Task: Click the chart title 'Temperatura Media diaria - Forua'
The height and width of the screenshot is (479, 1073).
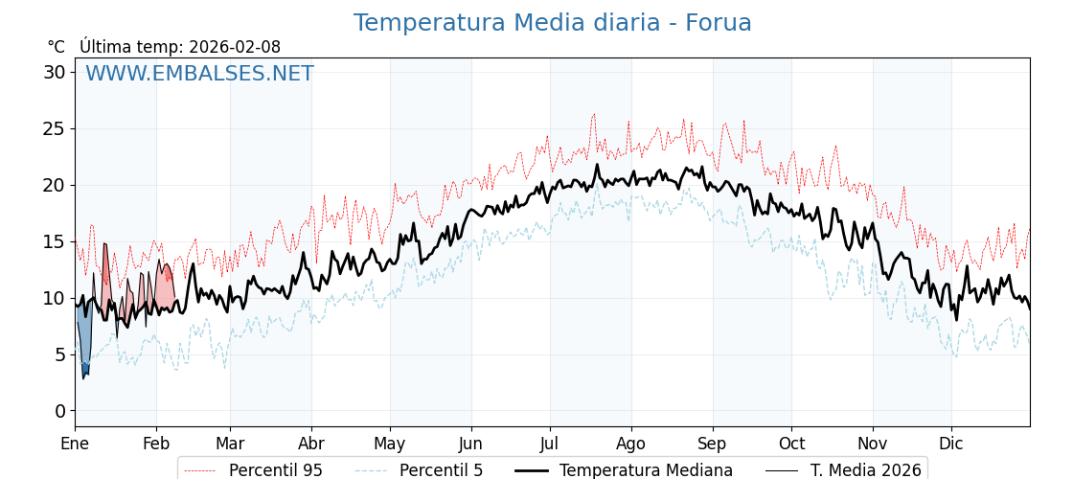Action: click(x=552, y=23)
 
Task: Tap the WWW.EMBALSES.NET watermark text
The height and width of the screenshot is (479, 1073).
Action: click(x=199, y=74)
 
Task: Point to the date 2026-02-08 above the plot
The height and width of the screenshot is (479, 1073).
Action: click(x=235, y=47)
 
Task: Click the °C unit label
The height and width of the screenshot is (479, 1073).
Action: click(x=56, y=47)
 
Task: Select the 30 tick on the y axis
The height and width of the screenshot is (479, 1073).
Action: click(x=55, y=72)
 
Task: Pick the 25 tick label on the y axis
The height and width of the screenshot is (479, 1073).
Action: click(x=55, y=128)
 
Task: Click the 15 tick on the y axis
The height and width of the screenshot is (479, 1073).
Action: click(x=55, y=241)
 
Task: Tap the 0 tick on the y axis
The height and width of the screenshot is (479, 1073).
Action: click(x=60, y=411)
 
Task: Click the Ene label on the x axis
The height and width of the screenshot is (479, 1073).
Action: click(x=75, y=444)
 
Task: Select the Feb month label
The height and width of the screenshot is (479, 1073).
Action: click(x=156, y=444)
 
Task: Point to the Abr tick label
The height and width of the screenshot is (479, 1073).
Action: click(x=311, y=444)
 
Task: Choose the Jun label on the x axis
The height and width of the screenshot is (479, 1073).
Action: click(x=470, y=444)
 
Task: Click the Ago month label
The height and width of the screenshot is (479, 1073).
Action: click(x=630, y=444)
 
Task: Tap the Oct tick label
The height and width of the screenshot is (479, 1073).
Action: click(x=791, y=444)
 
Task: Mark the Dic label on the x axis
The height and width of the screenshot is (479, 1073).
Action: click(x=951, y=444)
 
